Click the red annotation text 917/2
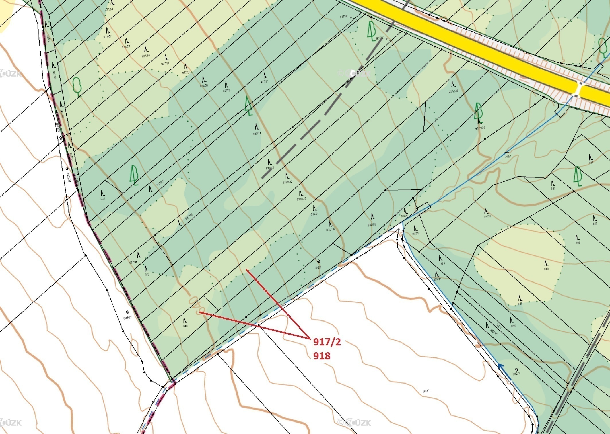click(327, 342)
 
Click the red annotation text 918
click(322, 356)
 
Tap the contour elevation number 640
click(194, 305)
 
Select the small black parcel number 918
click(185, 326)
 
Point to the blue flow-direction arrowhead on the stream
click(501, 367)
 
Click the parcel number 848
click(546, 269)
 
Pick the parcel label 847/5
click(487, 216)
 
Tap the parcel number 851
click(520, 304)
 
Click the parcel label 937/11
click(257, 134)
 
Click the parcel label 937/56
click(126, 46)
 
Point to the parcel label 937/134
click(331, 229)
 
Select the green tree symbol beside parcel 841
click(578, 176)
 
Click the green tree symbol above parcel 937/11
click(249, 106)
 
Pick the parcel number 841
click(553, 189)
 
